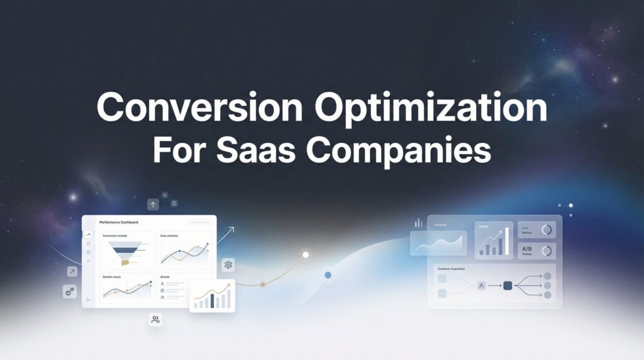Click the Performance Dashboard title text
pos(119,222)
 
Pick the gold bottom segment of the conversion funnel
pos(125,262)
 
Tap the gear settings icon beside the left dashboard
pos(228,265)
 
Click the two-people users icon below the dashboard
pos(155,320)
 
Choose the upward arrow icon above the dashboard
pos(153,205)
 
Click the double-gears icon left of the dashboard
pos(69,291)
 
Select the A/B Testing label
pos(528,250)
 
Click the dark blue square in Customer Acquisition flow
pos(508,285)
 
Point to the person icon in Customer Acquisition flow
pos(482,285)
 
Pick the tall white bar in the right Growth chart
pos(507,241)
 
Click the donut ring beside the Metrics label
pos(547,230)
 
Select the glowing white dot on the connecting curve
pos(306,255)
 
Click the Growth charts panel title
pos(112,276)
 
